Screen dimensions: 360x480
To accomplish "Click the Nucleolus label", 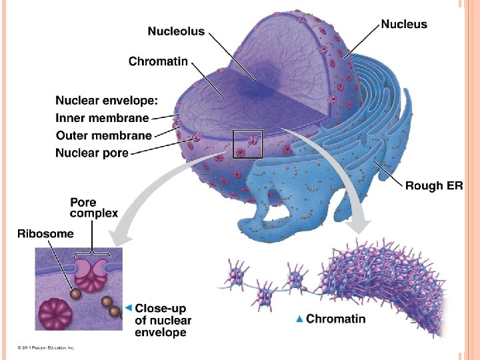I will tap(176, 31).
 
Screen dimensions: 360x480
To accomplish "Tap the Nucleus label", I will tap(404, 25).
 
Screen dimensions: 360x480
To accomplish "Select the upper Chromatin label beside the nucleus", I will tap(159, 62).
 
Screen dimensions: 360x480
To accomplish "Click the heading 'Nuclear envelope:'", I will tap(107, 101).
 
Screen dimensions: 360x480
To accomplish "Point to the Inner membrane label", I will tap(102, 119).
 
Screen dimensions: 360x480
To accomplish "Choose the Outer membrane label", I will tap(103, 135).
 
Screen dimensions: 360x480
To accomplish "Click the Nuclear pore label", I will tap(91, 153).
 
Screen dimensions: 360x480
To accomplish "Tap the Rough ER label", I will tap(433, 185).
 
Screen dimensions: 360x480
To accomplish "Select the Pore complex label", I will tap(94, 207).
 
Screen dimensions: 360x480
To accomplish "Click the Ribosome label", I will tap(45, 234).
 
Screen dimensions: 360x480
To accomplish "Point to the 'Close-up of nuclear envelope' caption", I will tap(163, 320).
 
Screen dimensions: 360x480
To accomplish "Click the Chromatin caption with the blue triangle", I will tap(335, 319).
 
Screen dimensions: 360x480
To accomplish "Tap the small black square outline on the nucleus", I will tap(247, 145).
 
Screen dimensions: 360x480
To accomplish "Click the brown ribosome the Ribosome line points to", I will tap(77, 293).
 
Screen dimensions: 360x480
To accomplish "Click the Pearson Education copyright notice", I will tap(46, 347).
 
